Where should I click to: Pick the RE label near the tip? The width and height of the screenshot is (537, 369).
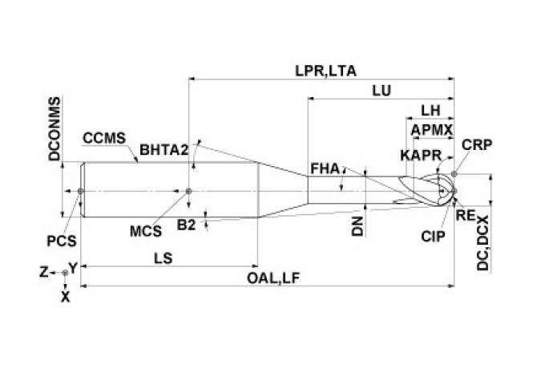click(x=463, y=215)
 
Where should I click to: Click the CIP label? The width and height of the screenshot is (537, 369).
click(x=434, y=237)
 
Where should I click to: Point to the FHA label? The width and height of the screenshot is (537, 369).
click(x=324, y=169)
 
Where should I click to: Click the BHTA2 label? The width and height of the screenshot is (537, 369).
click(x=164, y=149)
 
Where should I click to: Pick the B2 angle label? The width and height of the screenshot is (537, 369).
click(x=187, y=225)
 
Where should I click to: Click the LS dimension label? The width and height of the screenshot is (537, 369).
click(x=163, y=257)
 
